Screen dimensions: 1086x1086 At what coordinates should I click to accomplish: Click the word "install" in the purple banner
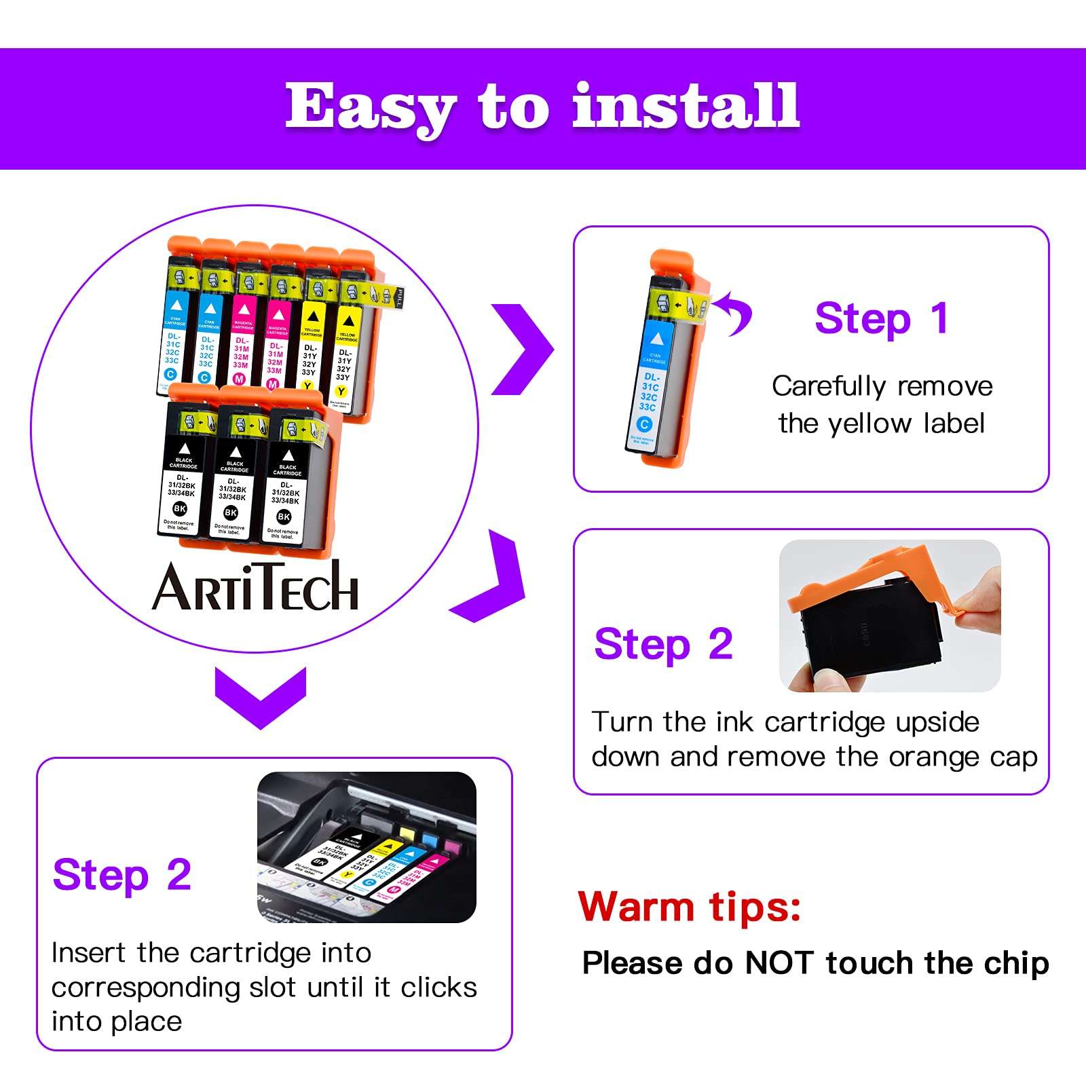pos(686,106)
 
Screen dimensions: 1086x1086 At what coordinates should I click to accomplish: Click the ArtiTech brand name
pos(255,586)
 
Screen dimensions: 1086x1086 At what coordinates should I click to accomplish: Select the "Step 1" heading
pos(881,318)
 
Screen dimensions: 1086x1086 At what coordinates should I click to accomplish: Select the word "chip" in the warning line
pos(1015,965)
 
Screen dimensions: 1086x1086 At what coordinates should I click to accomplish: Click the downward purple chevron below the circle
pos(261,696)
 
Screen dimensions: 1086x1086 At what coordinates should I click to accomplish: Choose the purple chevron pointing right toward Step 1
pos(523,349)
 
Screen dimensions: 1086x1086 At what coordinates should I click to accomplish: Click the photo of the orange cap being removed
pos(890,616)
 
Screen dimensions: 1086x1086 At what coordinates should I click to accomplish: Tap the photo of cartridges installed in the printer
pos(367,846)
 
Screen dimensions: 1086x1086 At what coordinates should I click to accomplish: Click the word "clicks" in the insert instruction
pos(438,988)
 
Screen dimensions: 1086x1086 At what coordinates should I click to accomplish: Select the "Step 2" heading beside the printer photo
pos(122,875)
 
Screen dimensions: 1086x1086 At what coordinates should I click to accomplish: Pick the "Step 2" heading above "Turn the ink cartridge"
pos(663,644)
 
